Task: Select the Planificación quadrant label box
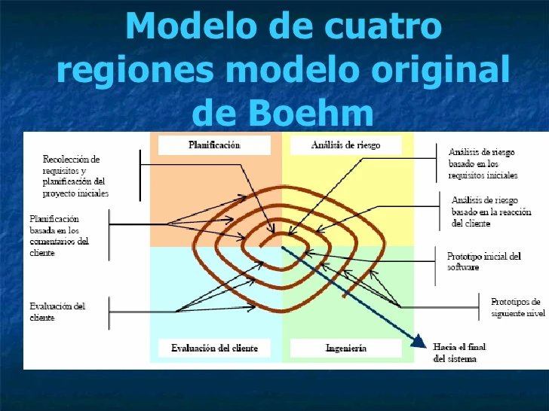(x=214, y=145)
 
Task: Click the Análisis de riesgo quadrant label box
(x=345, y=145)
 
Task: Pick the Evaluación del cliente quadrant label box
(x=214, y=348)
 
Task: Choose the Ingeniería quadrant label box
(x=346, y=348)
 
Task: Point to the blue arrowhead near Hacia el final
(x=417, y=341)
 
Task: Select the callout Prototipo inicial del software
(x=483, y=261)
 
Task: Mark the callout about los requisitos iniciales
(x=483, y=163)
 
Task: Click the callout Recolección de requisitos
(x=75, y=176)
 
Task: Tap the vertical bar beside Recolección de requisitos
(x=140, y=175)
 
